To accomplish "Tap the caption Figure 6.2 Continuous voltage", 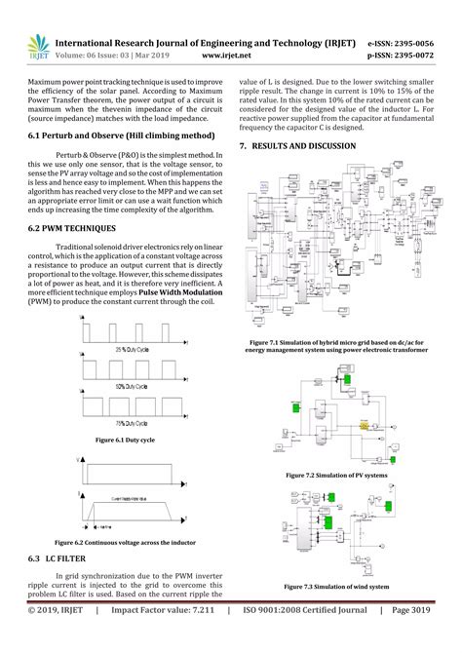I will [126, 541].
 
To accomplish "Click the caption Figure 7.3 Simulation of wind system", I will [336, 587].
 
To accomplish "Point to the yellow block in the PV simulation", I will [365, 427].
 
